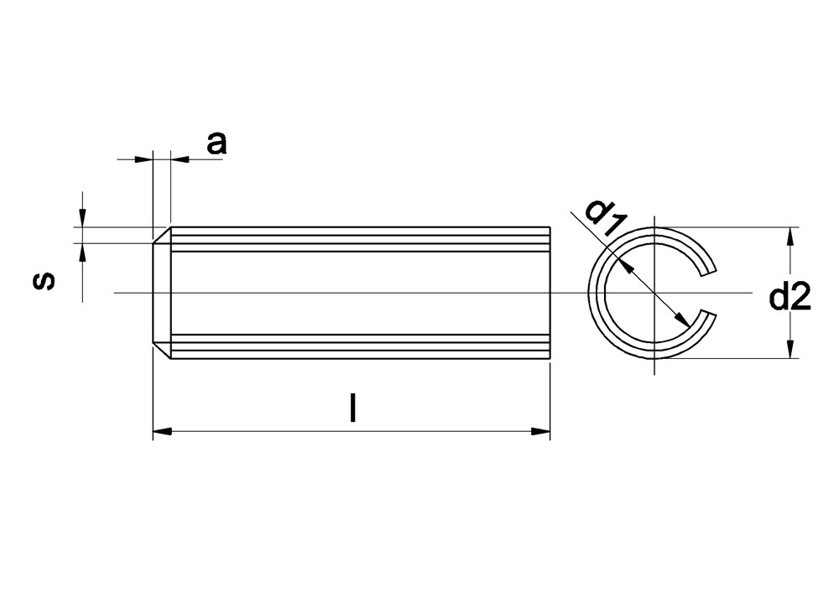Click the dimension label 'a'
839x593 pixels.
216,143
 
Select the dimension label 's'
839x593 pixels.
44,280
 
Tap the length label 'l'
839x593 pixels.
352,408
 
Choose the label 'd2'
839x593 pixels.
789,297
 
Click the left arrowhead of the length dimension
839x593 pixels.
162,430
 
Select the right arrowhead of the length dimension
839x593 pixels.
540,430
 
